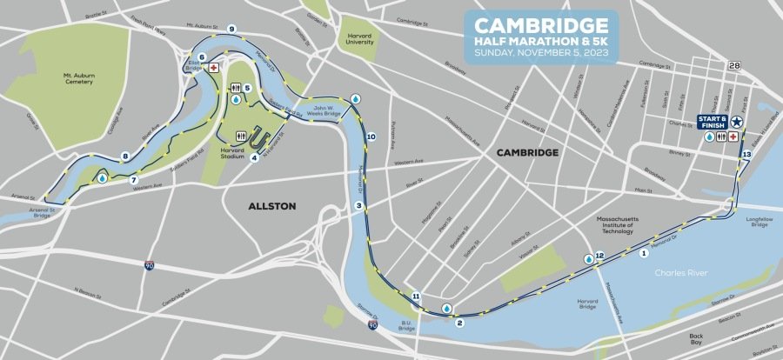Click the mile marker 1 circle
pyautogui.click(x=644, y=254)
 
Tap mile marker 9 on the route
pyautogui.click(x=231, y=30)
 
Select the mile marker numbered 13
pyautogui.click(x=746, y=154)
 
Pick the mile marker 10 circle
pyautogui.click(x=371, y=137)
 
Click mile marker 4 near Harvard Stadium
pyautogui.click(x=254, y=157)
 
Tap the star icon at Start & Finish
pyautogui.click(x=738, y=123)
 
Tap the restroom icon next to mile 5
pyautogui.click(x=235, y=88)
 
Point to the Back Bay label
pyautogui.click(x=695, y=339)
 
